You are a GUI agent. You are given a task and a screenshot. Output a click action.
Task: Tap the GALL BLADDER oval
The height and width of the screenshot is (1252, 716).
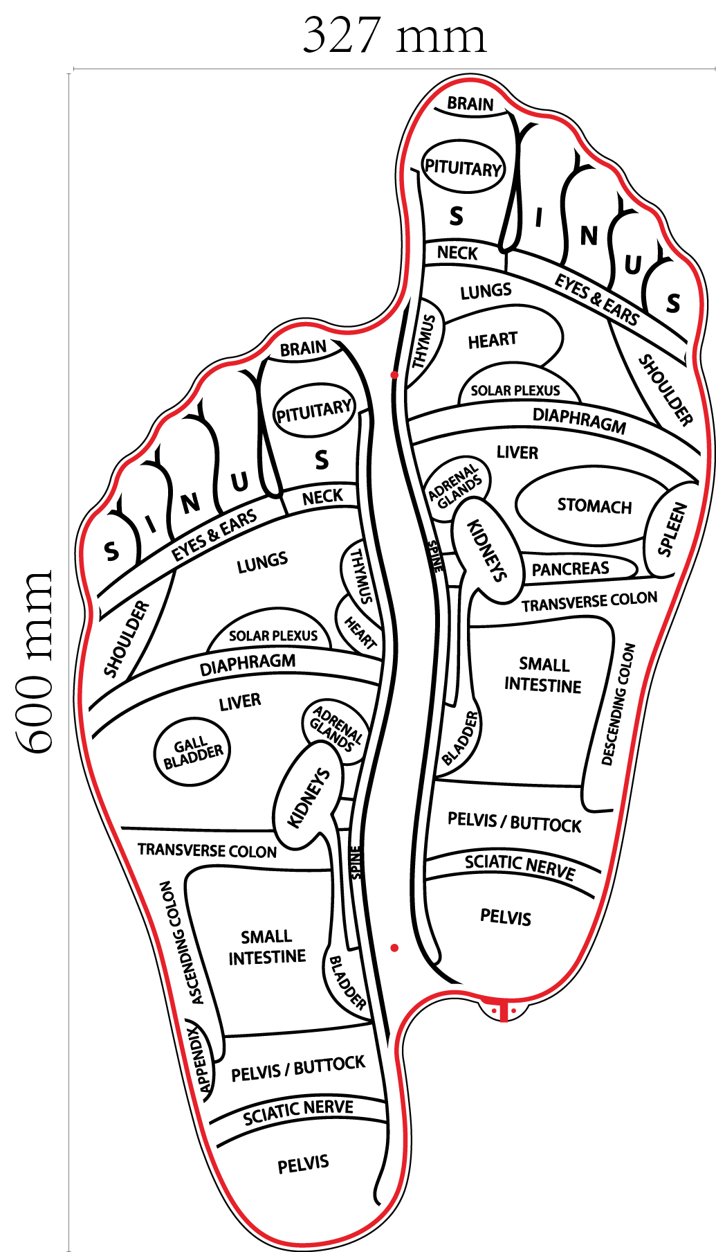(x=192, y=752)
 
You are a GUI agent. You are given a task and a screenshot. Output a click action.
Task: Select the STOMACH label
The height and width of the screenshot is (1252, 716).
(x=594, y=506)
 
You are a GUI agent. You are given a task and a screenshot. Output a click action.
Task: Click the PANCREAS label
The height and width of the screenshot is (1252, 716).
(x=570, y=569)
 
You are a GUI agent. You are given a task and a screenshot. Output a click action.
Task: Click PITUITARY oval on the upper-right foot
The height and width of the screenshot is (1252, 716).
(x=463, y=168)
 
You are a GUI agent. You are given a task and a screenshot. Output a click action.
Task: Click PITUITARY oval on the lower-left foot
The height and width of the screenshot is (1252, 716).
(x=315, y=411)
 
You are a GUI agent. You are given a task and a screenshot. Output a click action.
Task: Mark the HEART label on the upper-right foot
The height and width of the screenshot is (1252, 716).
(x=493, y=340)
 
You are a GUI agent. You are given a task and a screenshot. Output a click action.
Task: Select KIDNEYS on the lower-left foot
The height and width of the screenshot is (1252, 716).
(x=309, y=797)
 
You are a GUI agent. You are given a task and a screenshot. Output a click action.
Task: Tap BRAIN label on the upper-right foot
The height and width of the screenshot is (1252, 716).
(x=470, y=104)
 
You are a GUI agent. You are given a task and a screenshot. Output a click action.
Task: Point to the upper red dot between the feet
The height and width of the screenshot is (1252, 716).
(x=394, y=375)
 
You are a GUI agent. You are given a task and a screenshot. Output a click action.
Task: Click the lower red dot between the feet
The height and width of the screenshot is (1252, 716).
(x=394, y=947)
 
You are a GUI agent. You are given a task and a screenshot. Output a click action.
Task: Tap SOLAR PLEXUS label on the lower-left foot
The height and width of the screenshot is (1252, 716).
(x=273, y=636)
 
